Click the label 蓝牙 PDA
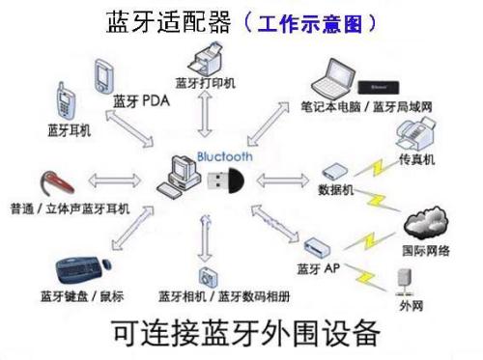(x=141, y=100)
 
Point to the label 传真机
(x=418, y=157)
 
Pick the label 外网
(x=412, y=307)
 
